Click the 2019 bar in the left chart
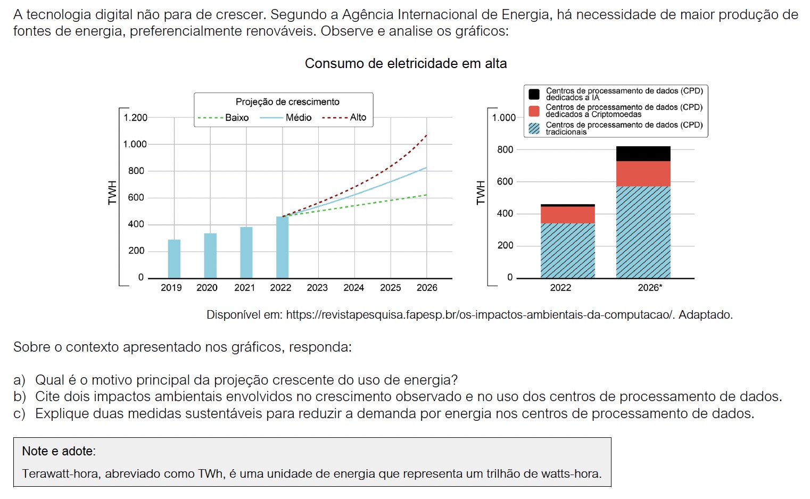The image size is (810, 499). click(x=174, y=259)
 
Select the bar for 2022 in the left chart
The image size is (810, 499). click(x=282, y=247)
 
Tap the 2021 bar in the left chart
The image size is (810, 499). click(x=246, y=253)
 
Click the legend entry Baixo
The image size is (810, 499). click(x=236, y=118)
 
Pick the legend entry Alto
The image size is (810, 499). click(x=358, y=118)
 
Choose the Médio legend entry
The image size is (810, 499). click(x=298, y=118)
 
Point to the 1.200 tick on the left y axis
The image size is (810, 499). click(x=135, y=118)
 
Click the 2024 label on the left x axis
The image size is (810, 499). click(x=353, y=288)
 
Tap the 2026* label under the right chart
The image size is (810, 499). click(x=650, y=288)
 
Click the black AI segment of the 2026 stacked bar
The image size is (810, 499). click(x=643, y=154)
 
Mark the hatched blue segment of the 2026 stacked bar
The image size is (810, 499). click(x=643, y=232)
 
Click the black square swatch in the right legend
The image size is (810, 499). click(x=534, y=94)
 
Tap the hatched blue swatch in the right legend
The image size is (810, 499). click(x=534, y=128)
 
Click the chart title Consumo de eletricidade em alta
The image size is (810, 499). click(x=406, y=64)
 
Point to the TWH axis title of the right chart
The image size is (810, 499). click(x=481, y=193)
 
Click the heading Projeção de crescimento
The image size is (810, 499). click(x=287, y=102)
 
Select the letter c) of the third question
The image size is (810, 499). click(x=19, y=414)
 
